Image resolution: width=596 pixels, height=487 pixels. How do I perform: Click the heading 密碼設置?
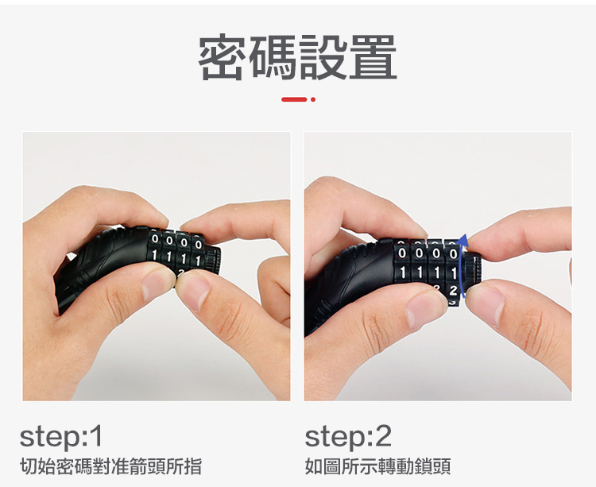point(298,57)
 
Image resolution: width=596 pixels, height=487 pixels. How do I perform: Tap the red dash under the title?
point(294,99)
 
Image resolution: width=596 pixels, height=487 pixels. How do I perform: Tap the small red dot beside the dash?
point(313,99)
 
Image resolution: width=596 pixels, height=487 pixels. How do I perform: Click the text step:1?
point(61,437)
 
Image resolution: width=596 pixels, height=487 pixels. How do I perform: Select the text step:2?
point(348,437)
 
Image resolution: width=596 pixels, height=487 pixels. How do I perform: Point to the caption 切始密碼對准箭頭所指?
point(110,466)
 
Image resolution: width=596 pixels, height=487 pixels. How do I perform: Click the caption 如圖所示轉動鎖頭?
point(377,466)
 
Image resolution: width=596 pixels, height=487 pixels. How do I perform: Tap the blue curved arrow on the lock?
point(461,266)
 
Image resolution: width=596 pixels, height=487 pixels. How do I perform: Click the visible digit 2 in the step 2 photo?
point(453,291)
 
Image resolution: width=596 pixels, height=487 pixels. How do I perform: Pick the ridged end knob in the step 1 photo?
point(213,260)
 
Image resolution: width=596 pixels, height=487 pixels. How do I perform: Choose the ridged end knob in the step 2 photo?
point(474,270)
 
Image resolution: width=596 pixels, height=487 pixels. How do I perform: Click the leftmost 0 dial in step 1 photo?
point(155,239)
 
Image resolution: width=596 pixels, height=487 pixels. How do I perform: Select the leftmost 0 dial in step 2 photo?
point(402,253)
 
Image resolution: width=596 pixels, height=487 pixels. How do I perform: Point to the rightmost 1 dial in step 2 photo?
point(453,272)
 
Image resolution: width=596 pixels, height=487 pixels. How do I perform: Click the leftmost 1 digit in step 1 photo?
point(154,255)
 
